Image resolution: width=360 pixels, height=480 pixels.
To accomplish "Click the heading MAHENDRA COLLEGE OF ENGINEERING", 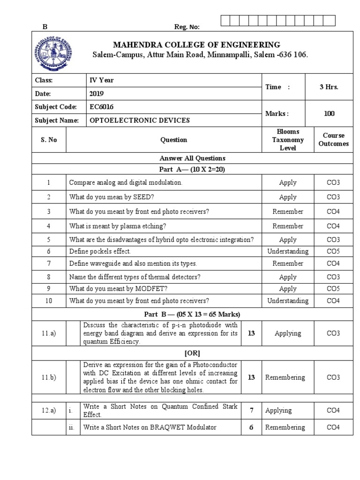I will coord(196,45).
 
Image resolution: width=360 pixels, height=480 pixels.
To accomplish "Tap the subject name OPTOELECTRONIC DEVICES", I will coord(140,120).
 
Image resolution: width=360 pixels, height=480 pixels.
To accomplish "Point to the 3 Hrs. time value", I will coord(329,87).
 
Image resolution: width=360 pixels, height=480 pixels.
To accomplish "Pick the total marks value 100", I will coord(329,113).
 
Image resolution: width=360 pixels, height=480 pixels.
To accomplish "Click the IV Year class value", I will coord(102,80).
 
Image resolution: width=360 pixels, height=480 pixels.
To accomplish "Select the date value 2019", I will coord(97,93).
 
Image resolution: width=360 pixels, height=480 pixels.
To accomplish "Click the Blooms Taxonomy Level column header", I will coord(287,140).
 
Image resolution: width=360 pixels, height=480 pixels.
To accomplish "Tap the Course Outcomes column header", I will coord(333,140).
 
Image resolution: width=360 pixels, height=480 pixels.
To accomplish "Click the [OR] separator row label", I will coord(192,352).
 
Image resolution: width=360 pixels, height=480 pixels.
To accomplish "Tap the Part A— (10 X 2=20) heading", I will coord(192,170).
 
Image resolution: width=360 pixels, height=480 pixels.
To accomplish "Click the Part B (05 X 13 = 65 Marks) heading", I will coord(192,314).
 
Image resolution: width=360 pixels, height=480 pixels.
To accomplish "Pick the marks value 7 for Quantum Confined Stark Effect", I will coord(251,411).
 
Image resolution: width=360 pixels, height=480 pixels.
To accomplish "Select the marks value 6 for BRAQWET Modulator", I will coord(251,427).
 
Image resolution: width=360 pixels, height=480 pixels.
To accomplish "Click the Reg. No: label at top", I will coord(187,27).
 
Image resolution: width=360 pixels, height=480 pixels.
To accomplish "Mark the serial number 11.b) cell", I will coord(48,377).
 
